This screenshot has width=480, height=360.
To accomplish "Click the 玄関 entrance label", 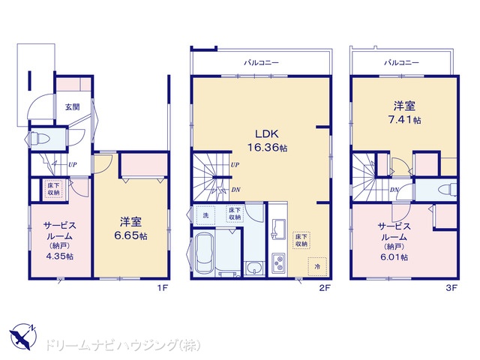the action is pos(73,106).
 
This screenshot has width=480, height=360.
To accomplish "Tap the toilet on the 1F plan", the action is pos(39,138).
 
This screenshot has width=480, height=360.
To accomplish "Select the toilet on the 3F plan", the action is pos(447,190).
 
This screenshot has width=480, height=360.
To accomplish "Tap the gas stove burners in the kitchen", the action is pos(279,263).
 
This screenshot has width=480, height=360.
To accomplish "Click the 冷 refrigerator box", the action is pos(317,267).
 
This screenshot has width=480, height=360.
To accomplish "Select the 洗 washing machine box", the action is pos(205,215).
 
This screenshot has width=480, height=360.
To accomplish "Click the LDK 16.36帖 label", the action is pos(267,141).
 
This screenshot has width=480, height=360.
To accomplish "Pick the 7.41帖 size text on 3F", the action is pos(404,120).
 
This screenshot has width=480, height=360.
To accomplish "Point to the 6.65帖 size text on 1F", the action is pos(130,235).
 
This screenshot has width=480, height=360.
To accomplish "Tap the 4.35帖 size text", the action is pos(60,256).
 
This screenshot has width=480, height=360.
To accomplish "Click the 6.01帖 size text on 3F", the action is pos(394,256).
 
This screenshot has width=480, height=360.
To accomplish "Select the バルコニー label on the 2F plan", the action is pos(261,63).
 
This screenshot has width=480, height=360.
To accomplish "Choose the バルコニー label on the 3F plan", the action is pos(401,63).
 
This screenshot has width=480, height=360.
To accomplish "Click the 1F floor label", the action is pos(163,288).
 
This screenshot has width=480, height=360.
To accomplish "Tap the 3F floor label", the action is pos(451,288).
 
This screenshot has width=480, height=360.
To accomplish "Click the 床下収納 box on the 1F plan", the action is pos(53,189).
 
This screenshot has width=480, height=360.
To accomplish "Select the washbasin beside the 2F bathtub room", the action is pos(253,268).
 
